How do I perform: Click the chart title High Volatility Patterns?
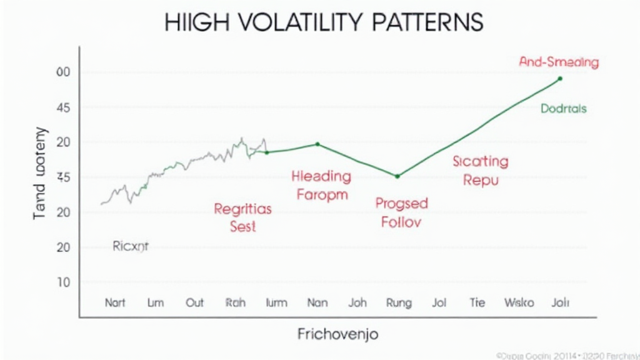click(324, 22)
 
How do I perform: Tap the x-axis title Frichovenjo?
click(337, 334)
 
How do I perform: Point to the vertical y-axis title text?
click(39, 172)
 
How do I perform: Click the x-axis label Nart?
click(114, 302)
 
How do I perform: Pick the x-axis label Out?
click(194, 302)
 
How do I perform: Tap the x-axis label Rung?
click(399, 303)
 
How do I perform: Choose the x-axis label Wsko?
click(519, 302)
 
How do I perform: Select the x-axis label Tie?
click(477, 302)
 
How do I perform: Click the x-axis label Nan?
click(317, 302)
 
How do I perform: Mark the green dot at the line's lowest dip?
click(397, 176)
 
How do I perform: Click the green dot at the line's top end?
click(559, 79)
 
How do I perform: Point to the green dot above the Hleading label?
click(317, 144)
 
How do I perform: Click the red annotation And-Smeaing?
click(559, 62)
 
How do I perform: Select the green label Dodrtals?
click(563, 108)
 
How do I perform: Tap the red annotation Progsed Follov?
click(401, 212)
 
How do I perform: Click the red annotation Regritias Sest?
click(242, 217)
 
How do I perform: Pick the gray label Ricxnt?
click(131, 246)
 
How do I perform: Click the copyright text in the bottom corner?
click(567, 354)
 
